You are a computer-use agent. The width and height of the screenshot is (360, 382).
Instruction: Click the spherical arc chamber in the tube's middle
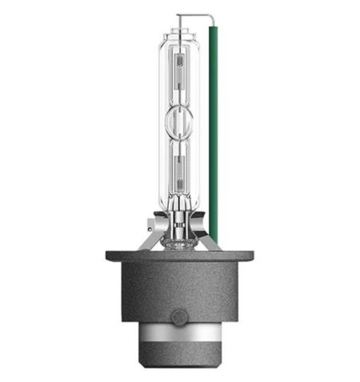(x=180, y=125)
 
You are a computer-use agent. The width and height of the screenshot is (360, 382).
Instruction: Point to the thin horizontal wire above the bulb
(x=196, y=14)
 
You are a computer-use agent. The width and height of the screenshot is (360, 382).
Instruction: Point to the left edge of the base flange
(x=108, y=257)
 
